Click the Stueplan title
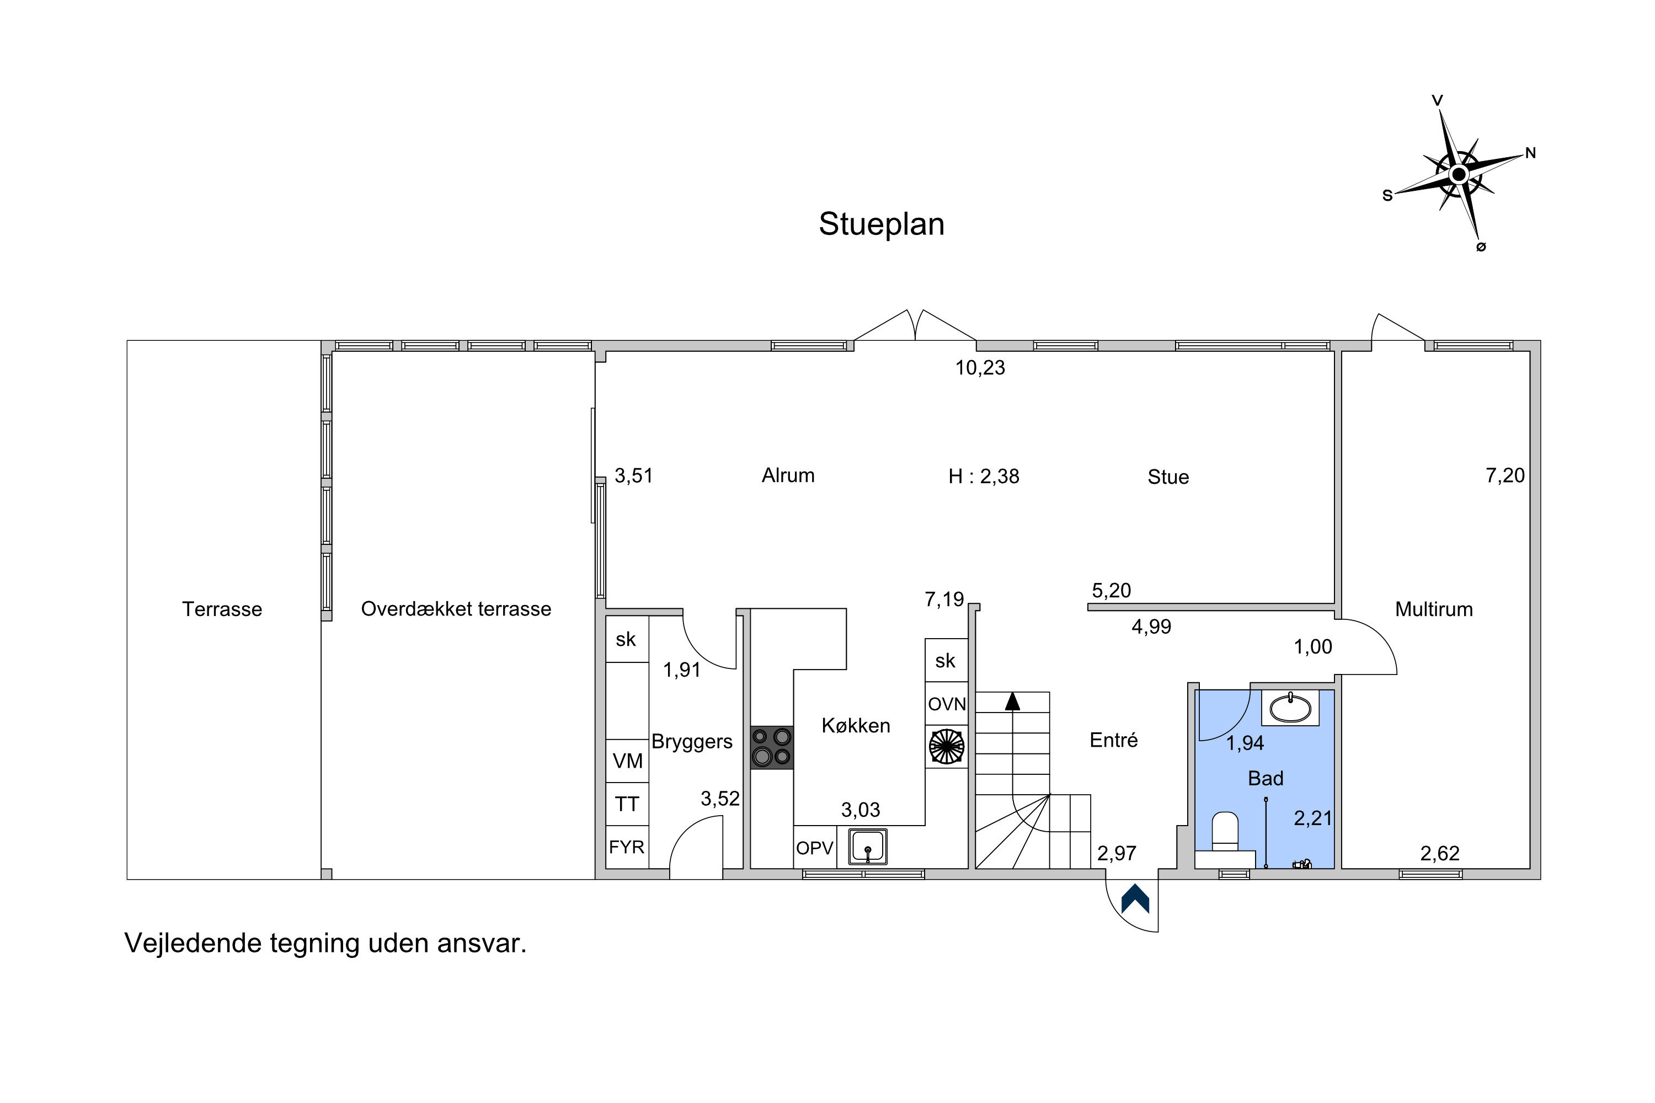881,224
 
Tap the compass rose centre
1459,174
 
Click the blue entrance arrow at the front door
1135,898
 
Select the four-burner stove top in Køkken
771,747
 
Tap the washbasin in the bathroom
1290,708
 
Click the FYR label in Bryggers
626,847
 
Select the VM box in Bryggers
627,761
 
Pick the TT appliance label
627,804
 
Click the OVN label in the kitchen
947,704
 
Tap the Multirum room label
1434,609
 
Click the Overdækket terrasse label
456,609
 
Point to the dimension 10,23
980,368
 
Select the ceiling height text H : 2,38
984,477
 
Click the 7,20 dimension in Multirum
1505,475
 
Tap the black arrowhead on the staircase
1012,700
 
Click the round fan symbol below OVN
947,746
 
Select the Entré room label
1113,740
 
